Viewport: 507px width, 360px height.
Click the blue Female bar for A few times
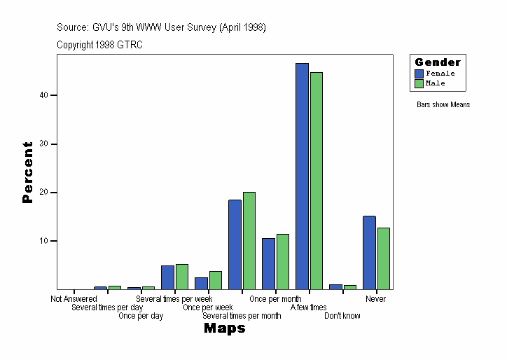click(x=302, y=176)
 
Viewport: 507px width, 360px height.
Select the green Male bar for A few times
click(x=316, y=181)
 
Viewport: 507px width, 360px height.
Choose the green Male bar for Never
click(x=383, y=258)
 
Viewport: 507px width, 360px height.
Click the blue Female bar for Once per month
click(x=268, y=263)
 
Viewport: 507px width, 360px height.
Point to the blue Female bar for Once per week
click(x=201, y=283)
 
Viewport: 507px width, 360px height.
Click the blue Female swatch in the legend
click(x=419, y=74)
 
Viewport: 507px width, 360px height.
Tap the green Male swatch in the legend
click(x=419, y=83)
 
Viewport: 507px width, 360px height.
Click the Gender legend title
click(x=438, y=62)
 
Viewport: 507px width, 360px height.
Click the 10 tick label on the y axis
click(x=43, y=241)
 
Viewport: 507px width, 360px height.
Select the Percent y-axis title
click(x=28, y=172)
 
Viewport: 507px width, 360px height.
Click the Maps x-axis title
click(x=224, y=328)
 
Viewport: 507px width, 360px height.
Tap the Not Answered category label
click(x=74, y=299)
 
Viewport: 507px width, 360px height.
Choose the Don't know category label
click(x=342, y=316)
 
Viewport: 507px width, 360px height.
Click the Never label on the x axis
click(x=376, y=299)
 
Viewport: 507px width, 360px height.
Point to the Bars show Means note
click(x=443, y=105)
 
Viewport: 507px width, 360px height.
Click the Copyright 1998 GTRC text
click(x=100, y=44)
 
